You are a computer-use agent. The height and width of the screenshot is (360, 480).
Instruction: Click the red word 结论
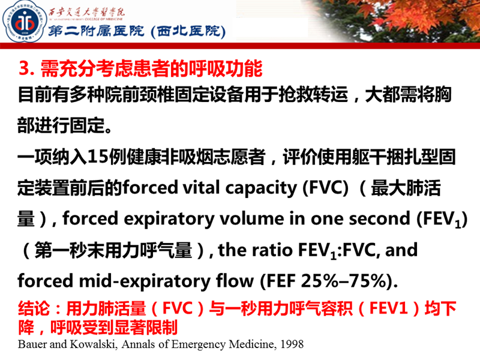point(35,310)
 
